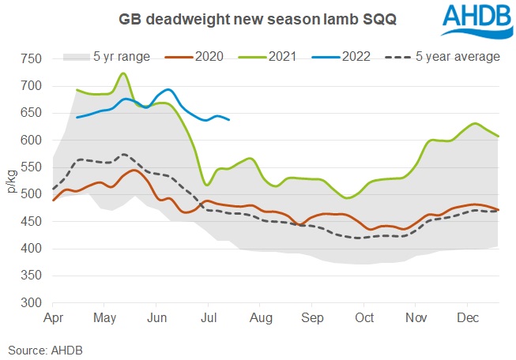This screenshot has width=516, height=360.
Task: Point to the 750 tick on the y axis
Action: [31, 59]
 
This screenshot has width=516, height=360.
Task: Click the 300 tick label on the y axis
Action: [31, 303]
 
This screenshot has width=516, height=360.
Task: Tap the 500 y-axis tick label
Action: [31, 195]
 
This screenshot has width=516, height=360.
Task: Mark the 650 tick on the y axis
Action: [31, 114]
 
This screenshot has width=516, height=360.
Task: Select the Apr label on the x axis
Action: [53, 318]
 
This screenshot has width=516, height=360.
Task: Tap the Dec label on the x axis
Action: [468, 318]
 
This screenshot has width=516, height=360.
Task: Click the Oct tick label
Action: [364, 318]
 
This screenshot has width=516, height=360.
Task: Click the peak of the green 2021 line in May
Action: [123, 73]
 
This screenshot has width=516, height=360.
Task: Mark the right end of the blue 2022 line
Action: [229, 119]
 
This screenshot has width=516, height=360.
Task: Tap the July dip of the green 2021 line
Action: [208, 185]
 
